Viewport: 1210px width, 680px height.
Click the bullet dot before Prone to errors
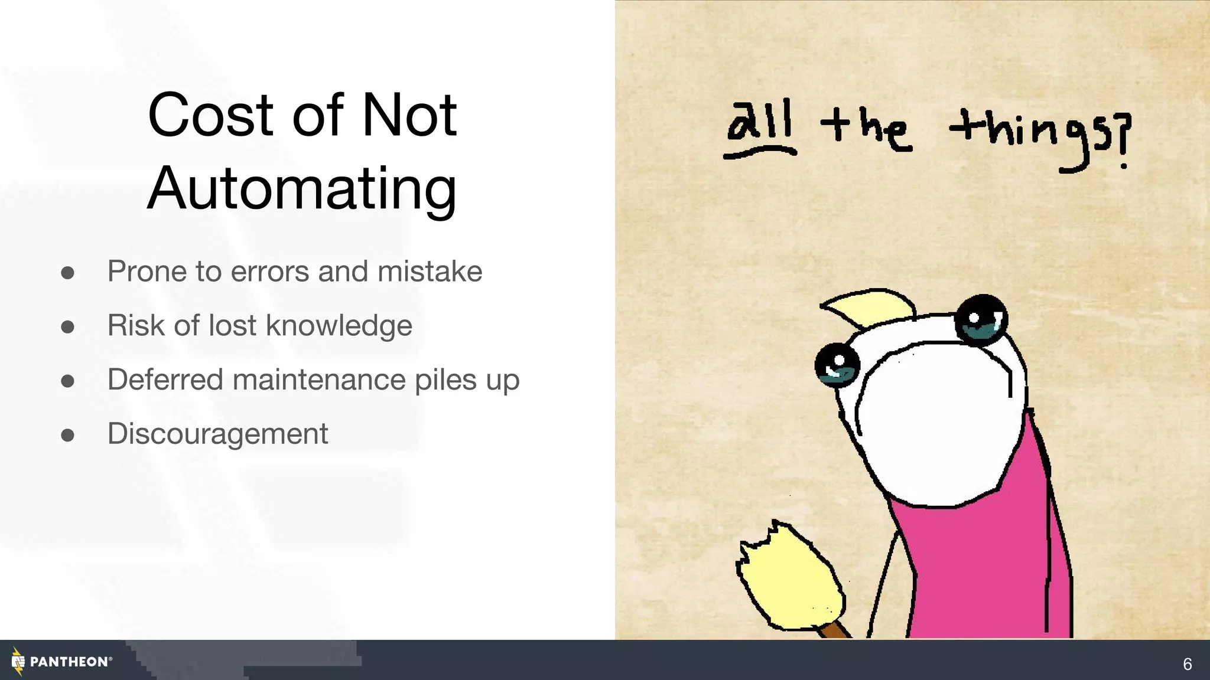pos(67,273)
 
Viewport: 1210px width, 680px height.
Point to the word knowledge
pos(339,326)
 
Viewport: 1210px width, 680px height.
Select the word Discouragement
pos(217,434)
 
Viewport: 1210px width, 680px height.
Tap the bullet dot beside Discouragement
pos(67,436)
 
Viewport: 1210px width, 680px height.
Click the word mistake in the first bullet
pos(430,272)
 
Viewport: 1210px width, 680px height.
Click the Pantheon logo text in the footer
pos(69,662)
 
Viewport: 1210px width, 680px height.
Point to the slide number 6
pos(1187,664)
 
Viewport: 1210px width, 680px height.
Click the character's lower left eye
pos(837,365)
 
